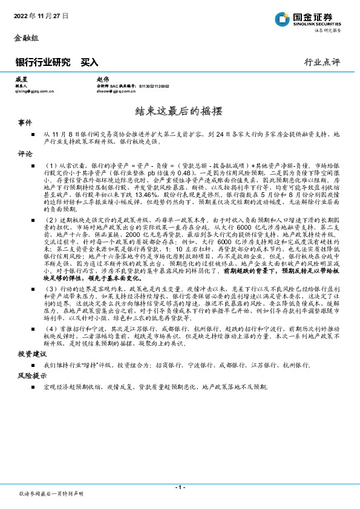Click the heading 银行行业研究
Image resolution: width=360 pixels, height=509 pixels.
point(42,62)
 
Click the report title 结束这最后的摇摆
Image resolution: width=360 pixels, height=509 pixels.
point(180,111)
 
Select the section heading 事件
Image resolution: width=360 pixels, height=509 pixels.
point(25,123)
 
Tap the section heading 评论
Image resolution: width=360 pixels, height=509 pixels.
point(25,154)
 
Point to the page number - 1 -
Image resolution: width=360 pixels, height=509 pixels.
point(180,486)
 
